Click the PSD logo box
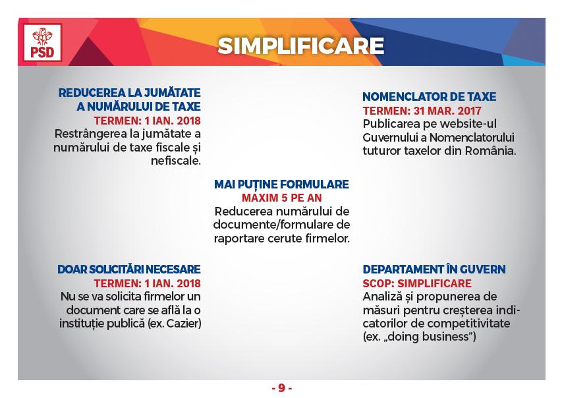[43, 42]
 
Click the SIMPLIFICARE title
[300, 46]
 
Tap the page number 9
[282, 388]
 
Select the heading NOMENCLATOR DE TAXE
[430, 97]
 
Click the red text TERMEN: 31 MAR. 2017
[422, 111]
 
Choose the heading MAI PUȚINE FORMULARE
[281, 185]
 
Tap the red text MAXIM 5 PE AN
[282, 198]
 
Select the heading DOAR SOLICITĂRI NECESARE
[129, 270]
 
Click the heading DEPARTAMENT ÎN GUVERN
[434, 270]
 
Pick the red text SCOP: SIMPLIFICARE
[417, 283]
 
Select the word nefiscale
[176, 161]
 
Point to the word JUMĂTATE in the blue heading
[172, 93]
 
